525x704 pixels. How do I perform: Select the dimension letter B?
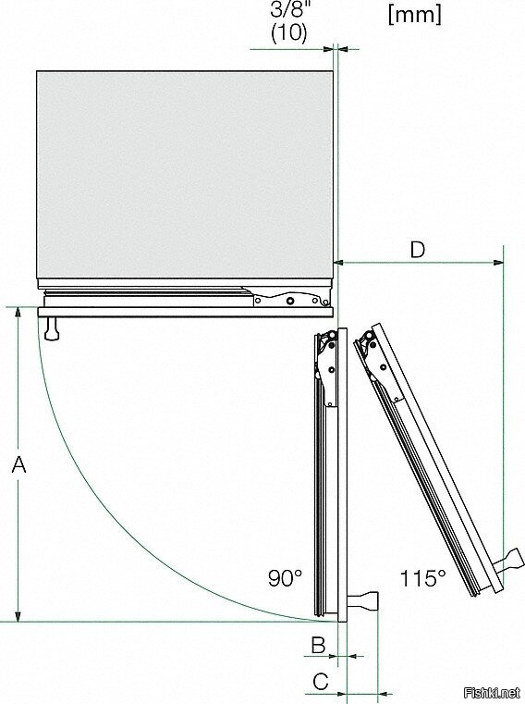tap(318, 645)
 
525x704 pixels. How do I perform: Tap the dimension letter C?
tap(321, 682)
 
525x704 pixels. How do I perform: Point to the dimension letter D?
tap(417, 250)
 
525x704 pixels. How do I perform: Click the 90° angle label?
tap(286, 577)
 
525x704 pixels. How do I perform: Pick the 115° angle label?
tap(422, 578)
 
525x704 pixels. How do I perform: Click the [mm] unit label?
tap(415, 15)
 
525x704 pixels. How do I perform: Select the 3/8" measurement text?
tap(289, 9)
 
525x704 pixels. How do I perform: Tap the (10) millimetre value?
tap(289, 32)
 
